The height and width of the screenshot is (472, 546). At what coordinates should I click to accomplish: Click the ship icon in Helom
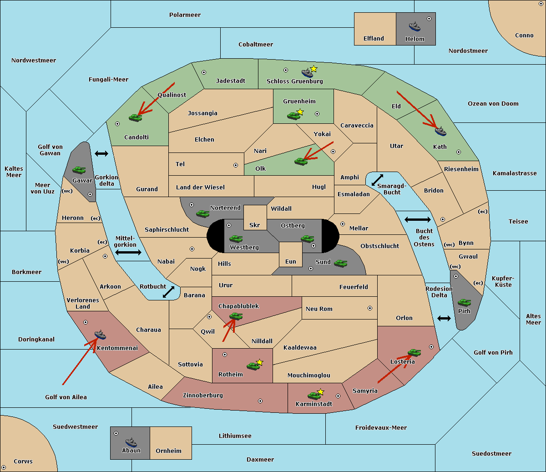pos(415,26)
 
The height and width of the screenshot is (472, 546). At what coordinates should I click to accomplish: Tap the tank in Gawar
pos(79,170)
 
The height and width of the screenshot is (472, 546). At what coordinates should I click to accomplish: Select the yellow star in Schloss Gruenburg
pos(313,69)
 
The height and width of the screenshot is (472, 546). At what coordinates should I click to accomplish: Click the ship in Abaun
pos(131,442)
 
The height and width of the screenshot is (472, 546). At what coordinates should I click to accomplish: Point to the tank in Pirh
pos(464,302)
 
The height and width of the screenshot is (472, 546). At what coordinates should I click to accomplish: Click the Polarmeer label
pos(185,15)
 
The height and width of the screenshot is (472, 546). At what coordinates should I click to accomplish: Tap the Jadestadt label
pos(231,81)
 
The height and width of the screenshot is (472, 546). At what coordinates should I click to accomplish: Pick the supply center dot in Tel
pos(236,165)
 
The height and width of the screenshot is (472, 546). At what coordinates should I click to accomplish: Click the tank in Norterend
pos(202,214)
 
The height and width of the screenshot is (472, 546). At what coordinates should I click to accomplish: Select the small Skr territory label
pos(255,225)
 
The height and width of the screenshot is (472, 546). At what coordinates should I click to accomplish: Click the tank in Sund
pos(340,264)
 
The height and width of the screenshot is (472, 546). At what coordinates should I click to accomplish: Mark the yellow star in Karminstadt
pos(320,391)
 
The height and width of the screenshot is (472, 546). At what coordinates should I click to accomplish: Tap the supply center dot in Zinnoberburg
pos(260,401)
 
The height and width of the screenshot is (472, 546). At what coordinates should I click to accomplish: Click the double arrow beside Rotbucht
pos(168,292)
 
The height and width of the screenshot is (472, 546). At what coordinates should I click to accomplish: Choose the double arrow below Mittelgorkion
pos(128,252)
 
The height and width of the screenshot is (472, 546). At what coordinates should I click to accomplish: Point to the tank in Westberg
pos(236,239)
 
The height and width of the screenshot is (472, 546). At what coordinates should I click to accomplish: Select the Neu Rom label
pos(319,309)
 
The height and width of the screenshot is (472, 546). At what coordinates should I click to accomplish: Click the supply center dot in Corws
pos(4,467)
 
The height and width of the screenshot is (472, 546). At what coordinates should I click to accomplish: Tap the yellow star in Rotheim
pos(260,362)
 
